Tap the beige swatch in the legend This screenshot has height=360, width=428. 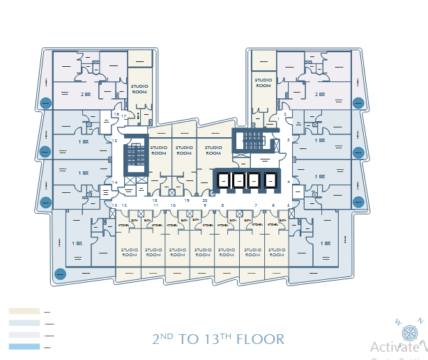click(x=24, y=311)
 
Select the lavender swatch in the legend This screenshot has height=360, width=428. click(x=24, y=335)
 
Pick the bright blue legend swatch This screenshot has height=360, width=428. click(x=24, y=346)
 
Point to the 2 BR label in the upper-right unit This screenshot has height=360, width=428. click(x=320, y=94)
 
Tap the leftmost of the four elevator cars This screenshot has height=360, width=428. click(x=224, y=180)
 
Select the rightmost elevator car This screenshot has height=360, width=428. click(x=269, y=180)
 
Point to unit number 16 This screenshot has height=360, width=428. click(x=116, y=114)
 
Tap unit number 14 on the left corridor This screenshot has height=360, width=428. click(x=114, y=182)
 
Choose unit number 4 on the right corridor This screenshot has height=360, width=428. click(x=288, y=182)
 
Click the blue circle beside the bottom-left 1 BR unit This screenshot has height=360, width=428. click(x=60, y=274)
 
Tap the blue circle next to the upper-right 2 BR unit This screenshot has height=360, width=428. click(x=358, y=103)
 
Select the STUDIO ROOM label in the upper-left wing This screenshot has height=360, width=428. click(x=139, y=88)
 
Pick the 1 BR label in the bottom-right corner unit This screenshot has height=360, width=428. click(x=326, y=244)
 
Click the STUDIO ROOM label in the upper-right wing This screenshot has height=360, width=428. click(x=263, y=83)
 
